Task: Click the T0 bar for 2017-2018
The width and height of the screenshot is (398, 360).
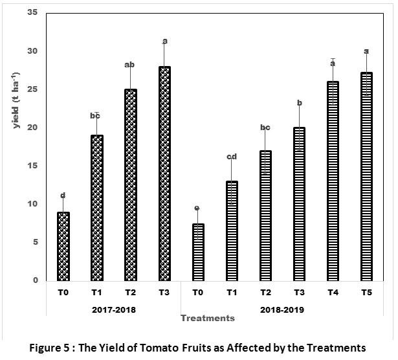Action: (x=63, y=246)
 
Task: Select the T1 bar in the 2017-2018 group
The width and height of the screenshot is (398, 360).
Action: (x=97, y=208)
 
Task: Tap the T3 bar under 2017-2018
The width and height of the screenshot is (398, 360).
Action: (x=165, y=174)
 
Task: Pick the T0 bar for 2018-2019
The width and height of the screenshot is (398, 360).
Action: (x=199, y=252)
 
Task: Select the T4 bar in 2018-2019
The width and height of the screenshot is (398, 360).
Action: (x=333, y=181)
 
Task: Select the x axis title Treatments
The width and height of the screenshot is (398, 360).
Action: (x=207, y=318)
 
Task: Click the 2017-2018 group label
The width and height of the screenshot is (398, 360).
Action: (x=114, y=309)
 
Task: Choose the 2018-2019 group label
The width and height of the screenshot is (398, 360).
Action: (x=282, y=309)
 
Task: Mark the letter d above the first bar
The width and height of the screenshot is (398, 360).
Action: (x=63, y=195)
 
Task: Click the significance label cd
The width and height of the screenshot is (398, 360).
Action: (x=232, y=156)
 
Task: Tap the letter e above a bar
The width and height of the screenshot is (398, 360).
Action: (x=198, y=208)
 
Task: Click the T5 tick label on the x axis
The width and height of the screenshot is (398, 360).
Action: (x=366, y=292)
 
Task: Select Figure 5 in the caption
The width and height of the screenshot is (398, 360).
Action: (x=56, y=347)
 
